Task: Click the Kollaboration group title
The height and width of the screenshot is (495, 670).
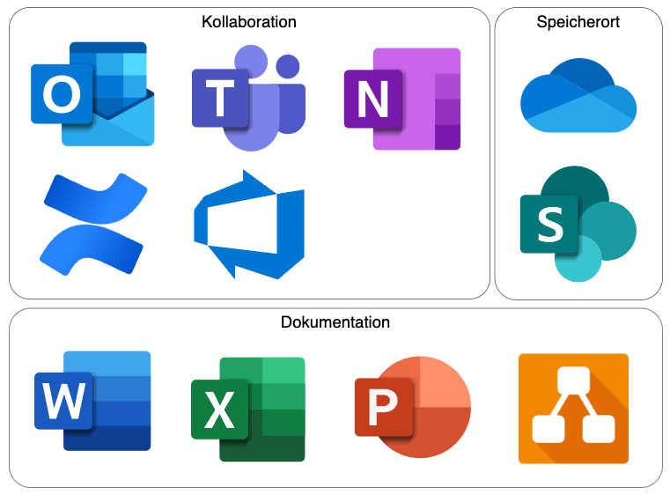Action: click(x=249, y=22)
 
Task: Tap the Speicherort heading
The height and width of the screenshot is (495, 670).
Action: click(x=578, y=22)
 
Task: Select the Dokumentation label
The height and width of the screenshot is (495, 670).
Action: click(x=335, y=322)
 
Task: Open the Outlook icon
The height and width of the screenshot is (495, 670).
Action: click(x=92, y=93)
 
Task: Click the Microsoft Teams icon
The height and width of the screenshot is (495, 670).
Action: click(x=249, y=97)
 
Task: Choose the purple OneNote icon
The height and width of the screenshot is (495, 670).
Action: click(x=402, y=99)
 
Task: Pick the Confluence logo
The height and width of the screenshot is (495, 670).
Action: click(x=92, y=224)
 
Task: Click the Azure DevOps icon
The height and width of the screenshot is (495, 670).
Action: click(x=249, y=225)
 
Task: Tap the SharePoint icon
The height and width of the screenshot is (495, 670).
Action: click(x=578, y=224)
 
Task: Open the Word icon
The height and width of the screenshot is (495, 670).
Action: click(x=92, y=401)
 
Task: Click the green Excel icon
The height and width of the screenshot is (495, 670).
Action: click(x=248, y=409)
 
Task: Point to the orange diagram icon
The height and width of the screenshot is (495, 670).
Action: click(x=573, y=408)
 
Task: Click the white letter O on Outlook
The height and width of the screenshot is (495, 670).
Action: click(x=61, y=94)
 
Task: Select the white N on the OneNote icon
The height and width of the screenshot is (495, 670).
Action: click(x=372, y=100)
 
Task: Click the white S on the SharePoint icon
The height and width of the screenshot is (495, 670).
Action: click(x=549, y=225)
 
